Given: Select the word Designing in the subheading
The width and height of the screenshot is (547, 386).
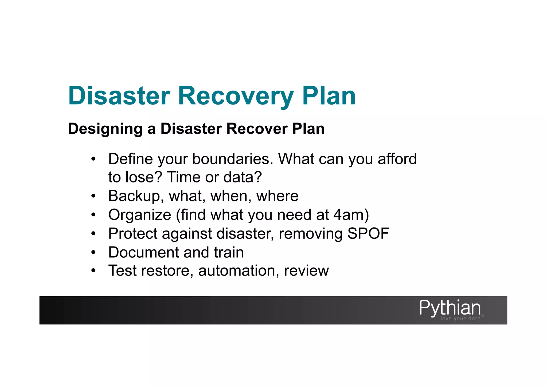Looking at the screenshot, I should pos(105,129).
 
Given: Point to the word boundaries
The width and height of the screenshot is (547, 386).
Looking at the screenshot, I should pos(233,159).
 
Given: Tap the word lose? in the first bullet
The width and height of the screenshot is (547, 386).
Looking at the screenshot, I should pos(144,177).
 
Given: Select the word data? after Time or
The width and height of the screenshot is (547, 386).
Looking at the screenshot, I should pos(243,177).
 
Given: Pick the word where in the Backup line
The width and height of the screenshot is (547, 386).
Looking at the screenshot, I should pos(277,196).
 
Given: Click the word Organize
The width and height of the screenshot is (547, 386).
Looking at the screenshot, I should pos(139,215).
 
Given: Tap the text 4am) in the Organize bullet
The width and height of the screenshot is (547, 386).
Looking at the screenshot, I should pos(351,215).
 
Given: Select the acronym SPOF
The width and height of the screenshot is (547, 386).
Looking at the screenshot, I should pos(368,234).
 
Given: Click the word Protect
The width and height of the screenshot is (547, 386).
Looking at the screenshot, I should pos(132,234).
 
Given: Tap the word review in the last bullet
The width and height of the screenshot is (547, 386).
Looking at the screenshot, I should pos(306,271).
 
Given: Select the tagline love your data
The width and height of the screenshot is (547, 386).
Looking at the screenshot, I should pos(460,319).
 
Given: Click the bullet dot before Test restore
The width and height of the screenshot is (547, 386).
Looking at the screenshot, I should pos(93,271).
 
